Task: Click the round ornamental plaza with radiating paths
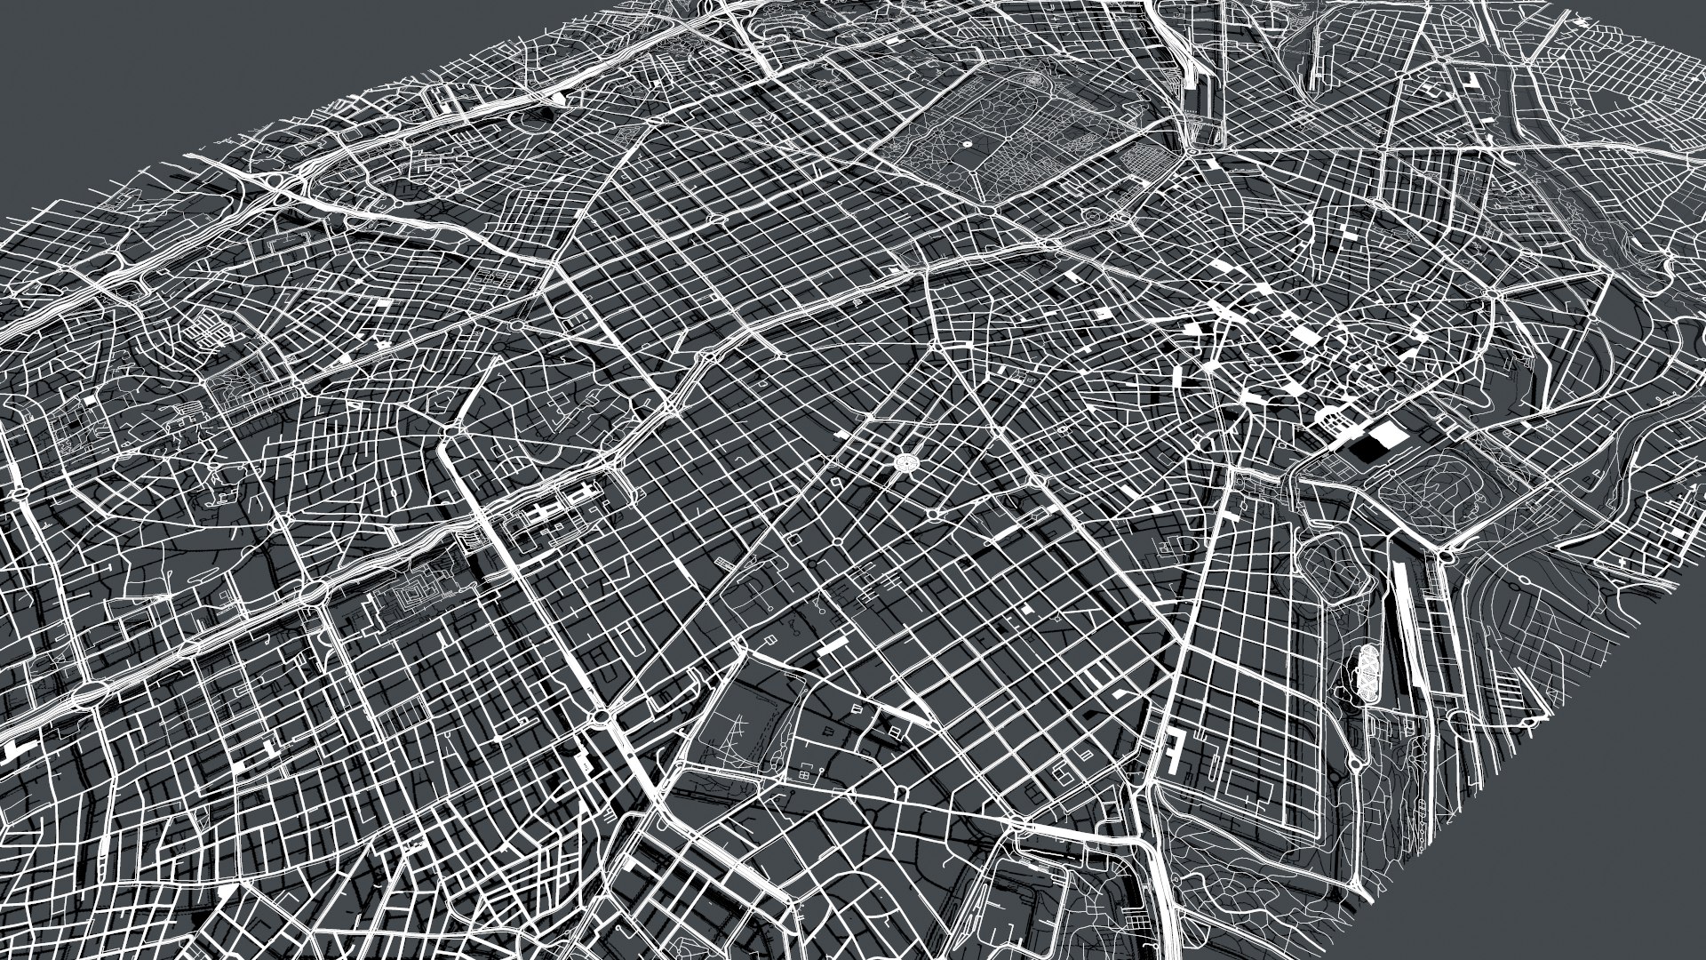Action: [x=907, y=462]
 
